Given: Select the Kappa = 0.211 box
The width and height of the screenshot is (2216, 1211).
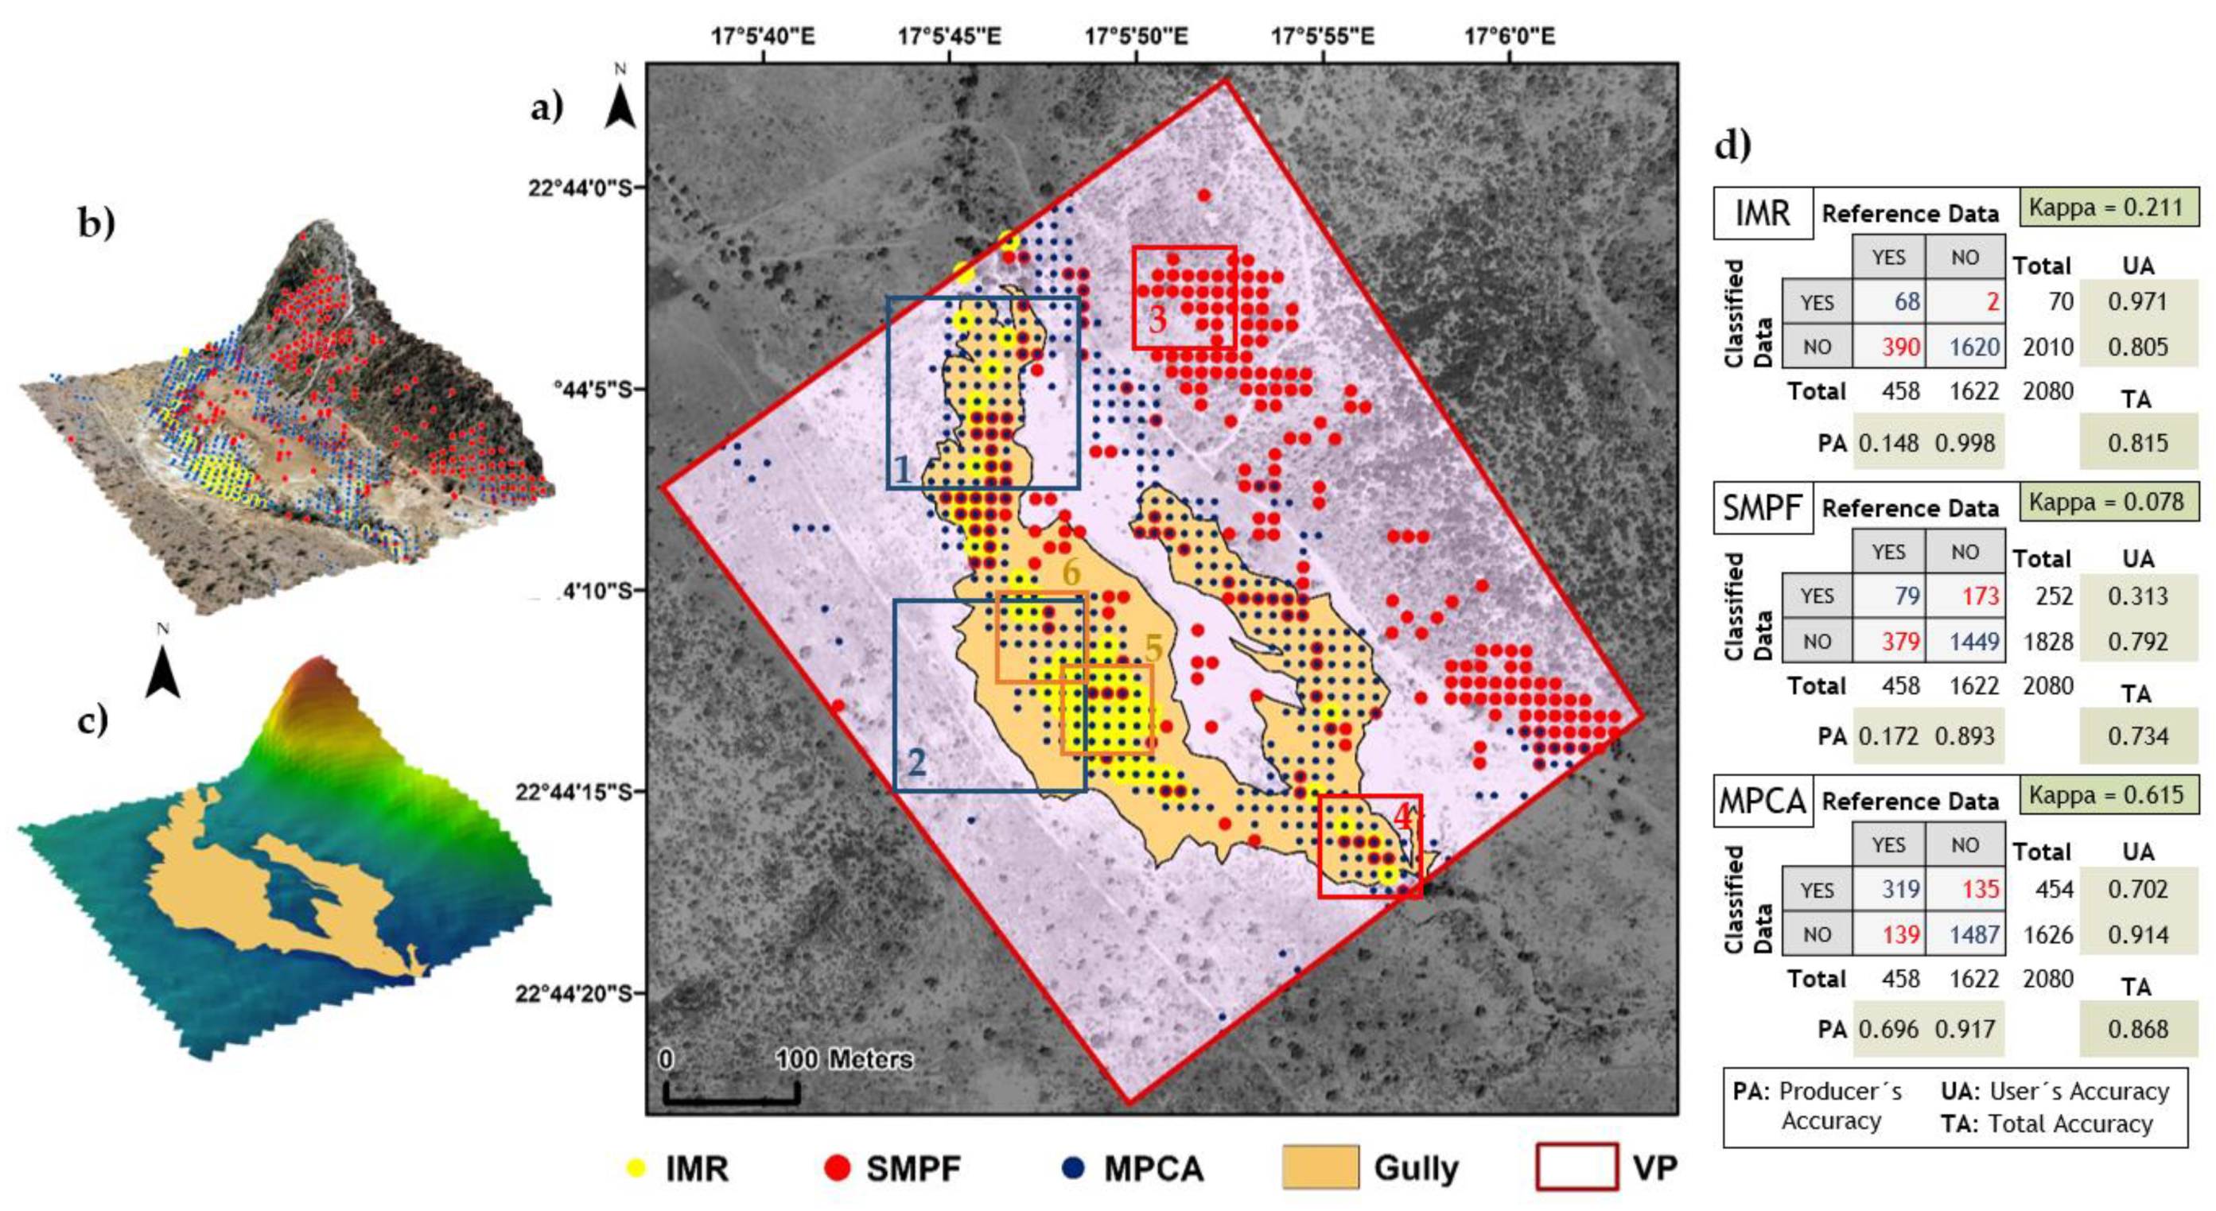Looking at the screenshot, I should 2107,208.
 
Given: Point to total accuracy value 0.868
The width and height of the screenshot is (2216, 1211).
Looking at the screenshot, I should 2138,1029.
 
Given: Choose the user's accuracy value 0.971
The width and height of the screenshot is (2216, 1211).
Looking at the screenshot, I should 2138,302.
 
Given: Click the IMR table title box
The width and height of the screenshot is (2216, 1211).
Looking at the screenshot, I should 1763,212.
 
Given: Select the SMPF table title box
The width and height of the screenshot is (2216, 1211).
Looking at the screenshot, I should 1763,507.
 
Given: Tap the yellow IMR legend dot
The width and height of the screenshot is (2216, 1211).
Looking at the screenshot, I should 636,1168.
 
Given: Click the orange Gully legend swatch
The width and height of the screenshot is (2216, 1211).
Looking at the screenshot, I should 1320,1167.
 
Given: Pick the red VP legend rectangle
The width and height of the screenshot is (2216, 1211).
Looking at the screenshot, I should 1576,1167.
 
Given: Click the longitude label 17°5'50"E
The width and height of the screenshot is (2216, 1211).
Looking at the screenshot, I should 1136,36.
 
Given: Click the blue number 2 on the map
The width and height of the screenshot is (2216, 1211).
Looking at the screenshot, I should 916,763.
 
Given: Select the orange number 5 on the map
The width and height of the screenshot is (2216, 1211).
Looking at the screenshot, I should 1153,649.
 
